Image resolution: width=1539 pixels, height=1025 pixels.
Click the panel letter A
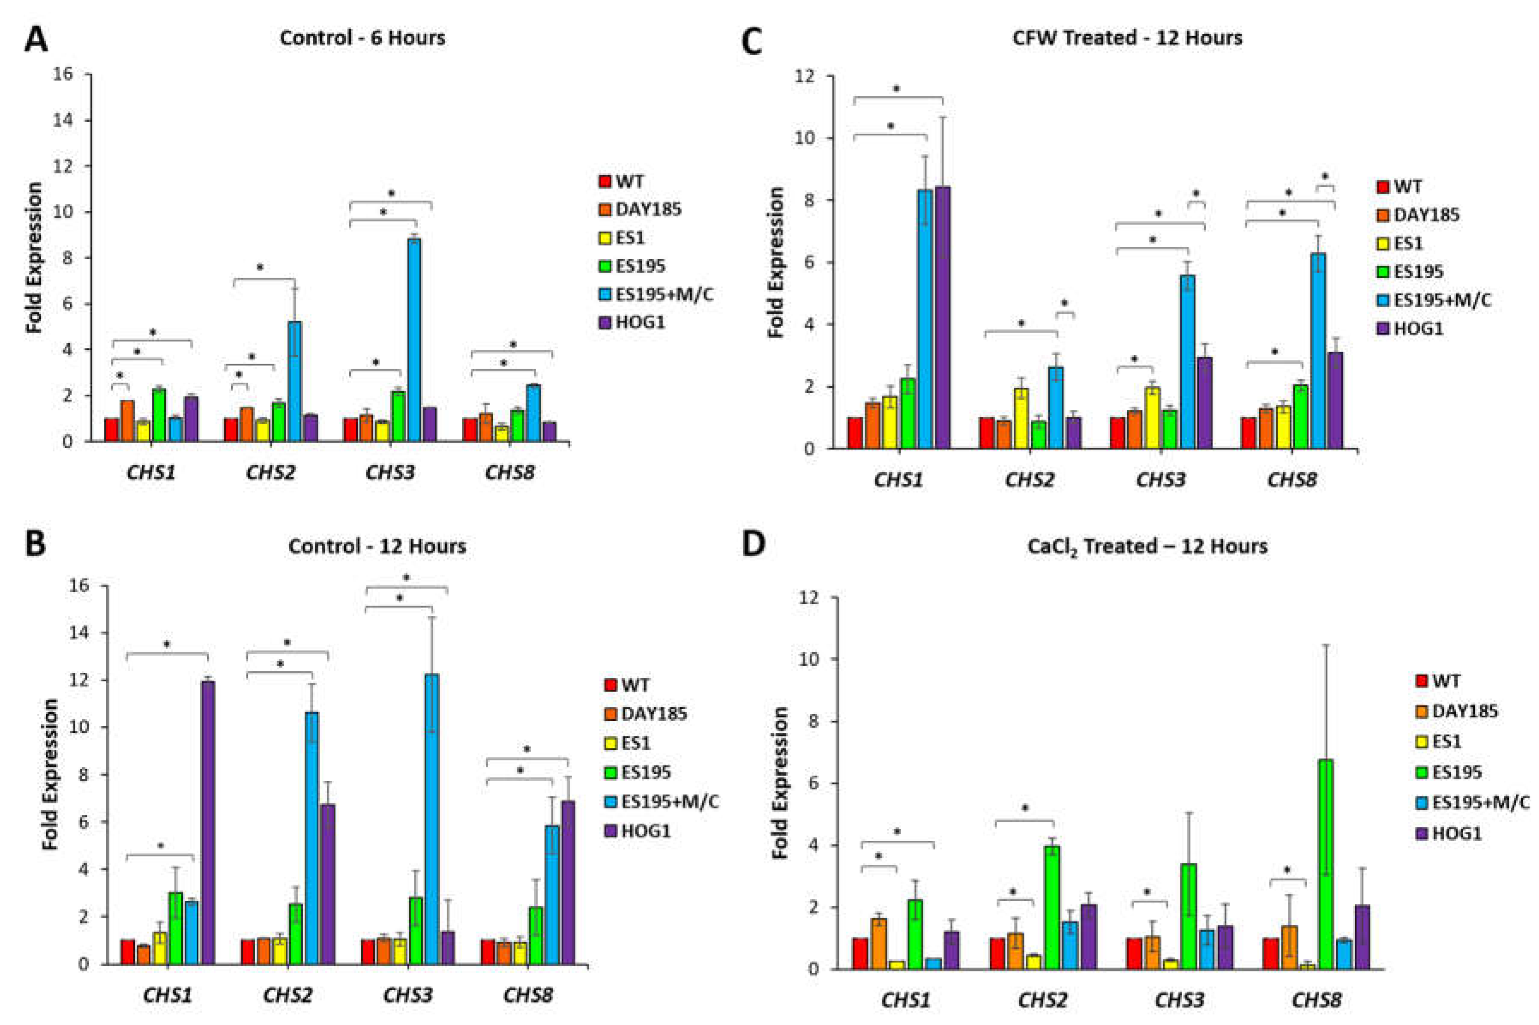coord(36,41)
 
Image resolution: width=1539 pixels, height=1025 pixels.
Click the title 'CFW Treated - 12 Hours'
coord(1127,38)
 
